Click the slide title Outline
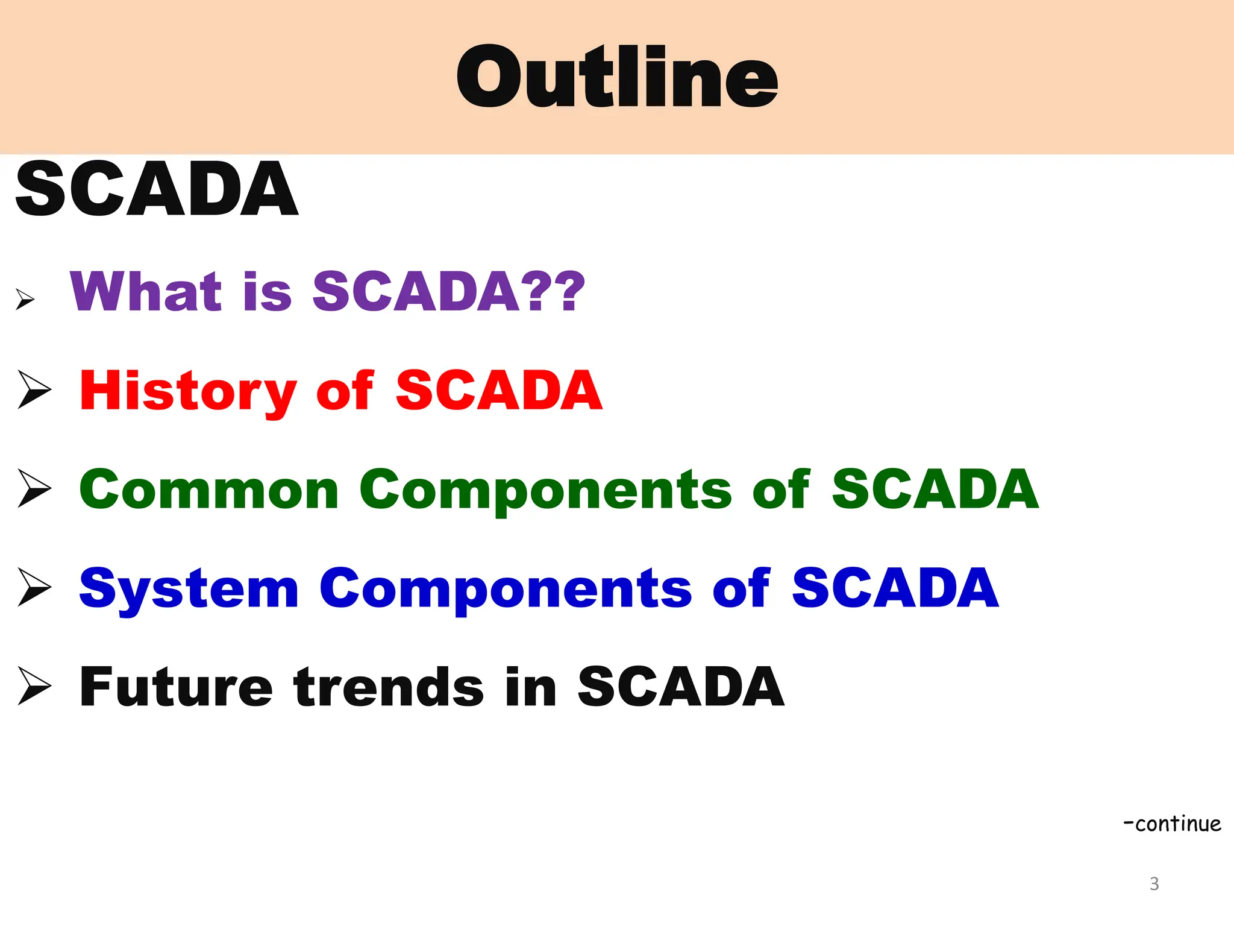pos(617,77)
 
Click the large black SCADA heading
pos(157,189)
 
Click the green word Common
pos(209,490)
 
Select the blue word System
pos(189,590)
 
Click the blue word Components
pos(505,590)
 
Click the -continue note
pos(1172,824)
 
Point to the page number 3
pos(1154,884)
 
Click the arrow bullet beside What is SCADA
pos(25,299)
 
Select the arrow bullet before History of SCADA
pos(34,389)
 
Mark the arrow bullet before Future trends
pos(34,685)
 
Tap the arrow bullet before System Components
pos(34,587)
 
